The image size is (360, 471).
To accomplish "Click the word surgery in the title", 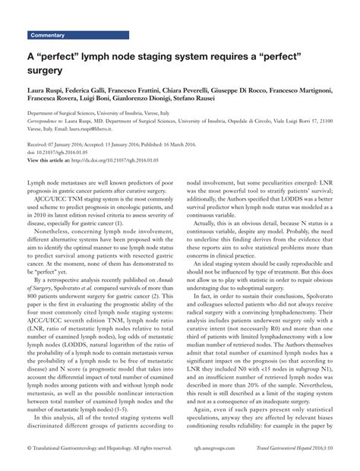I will coord(49,71).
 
